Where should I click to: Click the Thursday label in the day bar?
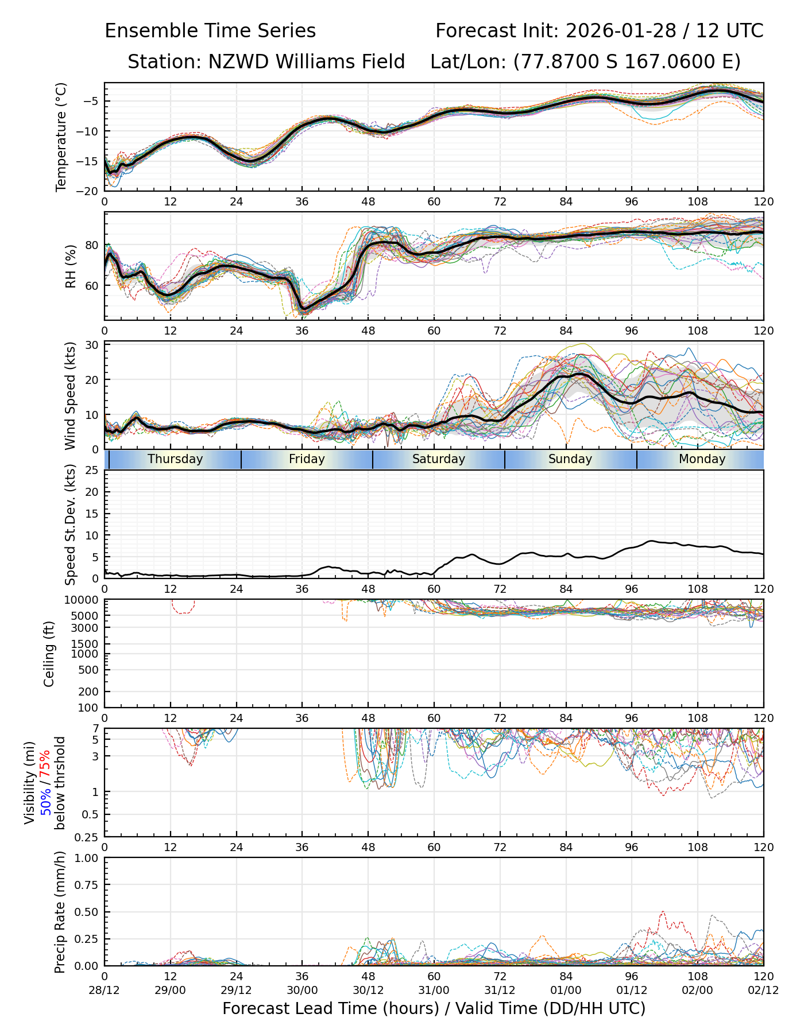point(175,459)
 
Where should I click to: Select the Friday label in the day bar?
point(307,459)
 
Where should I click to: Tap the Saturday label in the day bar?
point(439,459)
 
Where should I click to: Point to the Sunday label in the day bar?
point(570,459)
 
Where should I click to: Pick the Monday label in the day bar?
point(702,459)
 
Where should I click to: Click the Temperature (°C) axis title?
point(61,137)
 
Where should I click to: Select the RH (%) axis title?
point(71,266)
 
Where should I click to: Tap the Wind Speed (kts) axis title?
point(71,395)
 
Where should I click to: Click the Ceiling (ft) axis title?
point(49,654)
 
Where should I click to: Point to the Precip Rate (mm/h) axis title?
point(60,912)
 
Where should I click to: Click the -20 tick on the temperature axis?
point(91,191)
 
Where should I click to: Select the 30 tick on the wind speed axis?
point(92,345)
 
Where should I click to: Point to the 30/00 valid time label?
point(302,991)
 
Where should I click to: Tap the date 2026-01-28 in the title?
point(621,30)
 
